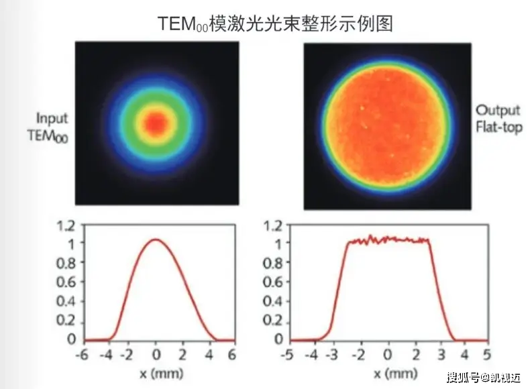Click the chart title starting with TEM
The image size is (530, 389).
click(275, 23)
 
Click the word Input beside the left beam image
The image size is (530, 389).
click(52, 118)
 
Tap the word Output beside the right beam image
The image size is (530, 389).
click(498, 111)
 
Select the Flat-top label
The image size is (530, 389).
click(499, 127)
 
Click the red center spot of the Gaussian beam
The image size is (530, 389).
click(156, 123)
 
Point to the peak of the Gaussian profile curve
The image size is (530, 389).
click(156, 239)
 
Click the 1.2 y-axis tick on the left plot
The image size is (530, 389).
click(66, 226)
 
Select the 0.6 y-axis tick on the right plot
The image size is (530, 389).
click(272, 282)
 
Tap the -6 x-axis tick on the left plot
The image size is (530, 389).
click(81, 355)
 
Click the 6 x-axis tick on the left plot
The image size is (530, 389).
click(232, 355)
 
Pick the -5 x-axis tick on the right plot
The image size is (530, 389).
click(287, 355)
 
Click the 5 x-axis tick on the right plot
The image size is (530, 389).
click(487, 355)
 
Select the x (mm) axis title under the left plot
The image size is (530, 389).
click(161, 374)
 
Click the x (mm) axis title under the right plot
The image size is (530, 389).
click(396, 374)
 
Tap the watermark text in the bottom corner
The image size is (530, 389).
click(484, 377)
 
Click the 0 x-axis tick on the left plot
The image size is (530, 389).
click(156, 355)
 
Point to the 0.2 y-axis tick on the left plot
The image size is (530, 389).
click(66, 320)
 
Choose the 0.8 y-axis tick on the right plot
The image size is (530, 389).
click(272, 263)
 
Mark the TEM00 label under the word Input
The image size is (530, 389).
click(48, 136)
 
